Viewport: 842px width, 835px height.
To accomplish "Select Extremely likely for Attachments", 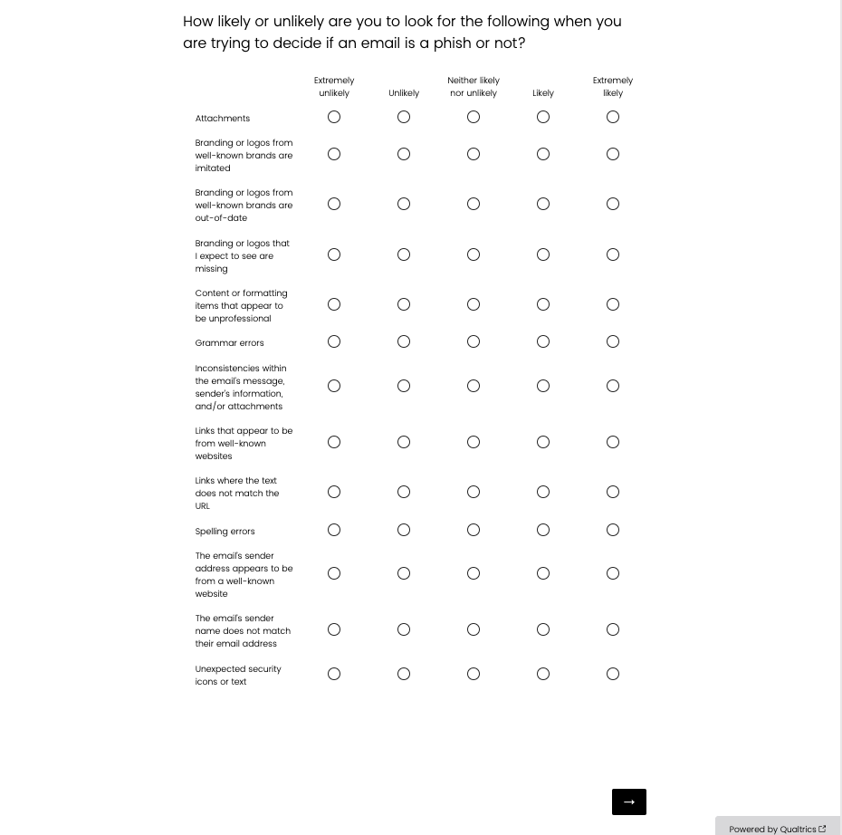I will (x=613, y=117).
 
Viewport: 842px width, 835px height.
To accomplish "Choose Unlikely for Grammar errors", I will (x=404, y=341).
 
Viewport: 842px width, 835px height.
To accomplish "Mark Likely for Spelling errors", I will (x=543, y=530).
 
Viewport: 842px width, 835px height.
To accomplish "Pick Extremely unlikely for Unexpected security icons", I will (x=334, y=674).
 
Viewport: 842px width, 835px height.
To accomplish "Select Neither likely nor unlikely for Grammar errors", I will (x=474, y=341).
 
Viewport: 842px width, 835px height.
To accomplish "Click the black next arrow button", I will (x=629, y=801).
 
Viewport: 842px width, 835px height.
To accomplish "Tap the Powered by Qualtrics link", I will (x=777, y=829).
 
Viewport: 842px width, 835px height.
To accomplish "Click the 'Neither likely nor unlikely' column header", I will (x=474, y=87).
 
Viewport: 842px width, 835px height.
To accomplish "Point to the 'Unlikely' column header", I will (x=404, y=93).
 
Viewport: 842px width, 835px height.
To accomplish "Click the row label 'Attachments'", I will (x=223, y=119).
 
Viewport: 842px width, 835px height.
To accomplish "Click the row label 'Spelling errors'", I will (x=225, y=532).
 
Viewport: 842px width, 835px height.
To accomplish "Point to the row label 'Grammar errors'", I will (x=229, y=343).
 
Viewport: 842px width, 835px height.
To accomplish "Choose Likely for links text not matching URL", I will (x=543, y=492).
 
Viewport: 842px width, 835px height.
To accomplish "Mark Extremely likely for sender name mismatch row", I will (x=613, y=629).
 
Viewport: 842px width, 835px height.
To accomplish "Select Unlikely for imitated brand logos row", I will (x=404, y=154).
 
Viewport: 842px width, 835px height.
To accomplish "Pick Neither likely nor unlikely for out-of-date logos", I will (x=474, y=204).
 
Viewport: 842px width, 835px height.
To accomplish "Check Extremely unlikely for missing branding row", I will (x=334, y=254).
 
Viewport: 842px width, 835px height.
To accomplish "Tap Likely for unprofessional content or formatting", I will (x=543, y=304).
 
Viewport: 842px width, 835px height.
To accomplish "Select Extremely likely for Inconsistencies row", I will (x=613, y=386).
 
